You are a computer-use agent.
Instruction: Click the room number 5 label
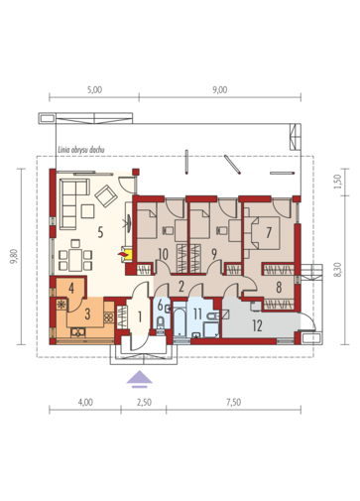(100, 232)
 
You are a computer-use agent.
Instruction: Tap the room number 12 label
(257, 325)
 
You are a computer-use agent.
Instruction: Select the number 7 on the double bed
(269, 232)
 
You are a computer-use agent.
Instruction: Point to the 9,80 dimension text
(14, 257)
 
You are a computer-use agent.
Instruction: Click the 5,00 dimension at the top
(95, 90)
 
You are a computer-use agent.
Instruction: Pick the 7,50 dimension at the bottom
(234, 403)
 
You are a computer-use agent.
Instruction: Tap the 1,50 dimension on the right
(337, 182)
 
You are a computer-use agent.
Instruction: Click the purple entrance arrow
(140, 379)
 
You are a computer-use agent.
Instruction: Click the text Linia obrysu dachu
(81, 150)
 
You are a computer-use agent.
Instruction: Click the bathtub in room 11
(180, 322)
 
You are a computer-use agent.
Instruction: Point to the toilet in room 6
(160, 322)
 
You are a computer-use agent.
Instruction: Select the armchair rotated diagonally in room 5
(106, 196)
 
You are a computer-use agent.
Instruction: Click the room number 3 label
(87, 313)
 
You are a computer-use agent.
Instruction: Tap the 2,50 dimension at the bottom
(144, 403)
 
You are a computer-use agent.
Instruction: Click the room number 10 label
(164, 254)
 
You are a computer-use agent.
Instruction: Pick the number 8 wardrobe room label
(279, 287)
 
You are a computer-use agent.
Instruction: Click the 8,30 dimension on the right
(337, 270)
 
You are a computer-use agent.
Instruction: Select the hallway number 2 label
(180, 287)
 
